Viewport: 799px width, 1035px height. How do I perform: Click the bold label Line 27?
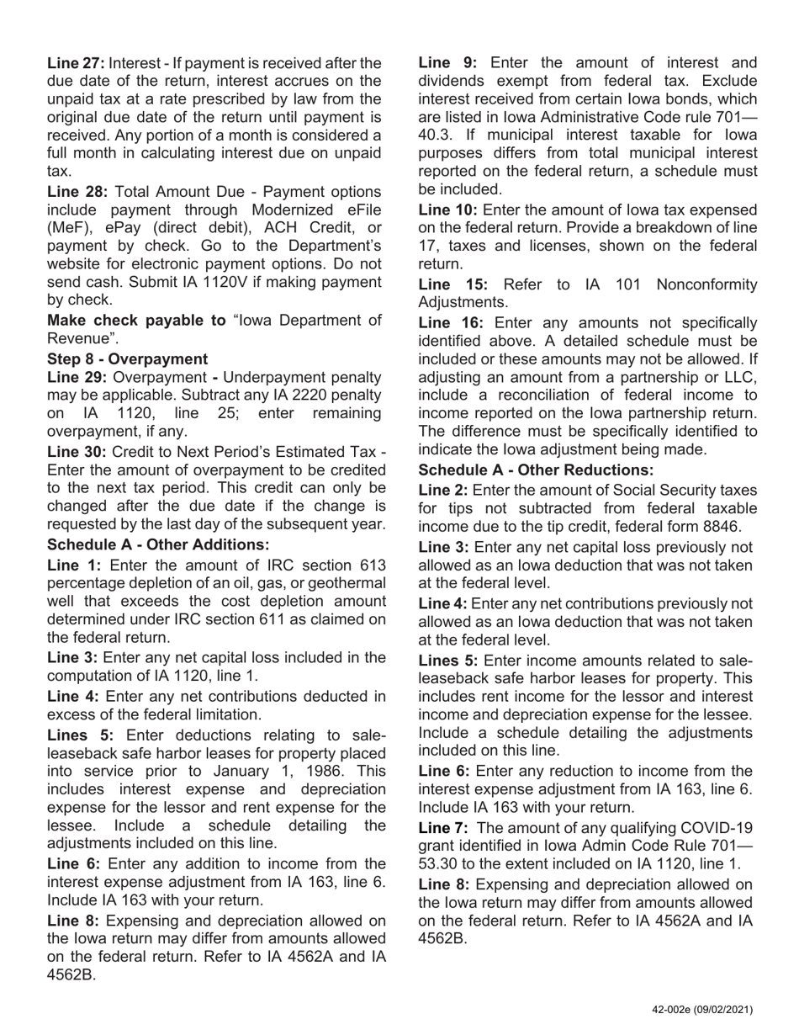coord(76,63)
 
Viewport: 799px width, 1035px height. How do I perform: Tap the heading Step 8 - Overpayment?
coord(127,359)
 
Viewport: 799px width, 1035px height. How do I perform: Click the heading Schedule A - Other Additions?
coord(158,544)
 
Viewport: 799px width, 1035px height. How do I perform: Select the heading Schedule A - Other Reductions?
coord(536,470)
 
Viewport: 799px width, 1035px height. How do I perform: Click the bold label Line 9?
coord(447,63)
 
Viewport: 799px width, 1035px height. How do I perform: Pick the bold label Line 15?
coord(452,284)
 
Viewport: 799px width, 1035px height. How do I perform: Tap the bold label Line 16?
coord(452,322)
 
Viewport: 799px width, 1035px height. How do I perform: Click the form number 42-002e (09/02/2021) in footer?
coord(702,1010)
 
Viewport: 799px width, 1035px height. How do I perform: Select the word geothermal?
coord(342,583)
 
